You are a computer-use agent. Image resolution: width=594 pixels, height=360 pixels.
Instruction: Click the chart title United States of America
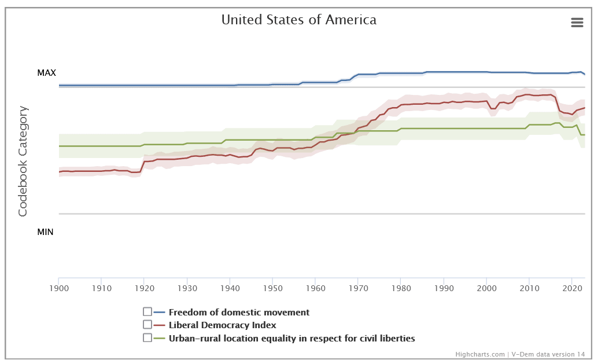click(x=298, y=20)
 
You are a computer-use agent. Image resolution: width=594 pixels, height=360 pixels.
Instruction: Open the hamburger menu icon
click(x=577, y=22)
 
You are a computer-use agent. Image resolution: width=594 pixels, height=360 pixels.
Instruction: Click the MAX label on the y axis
click(x=46, y=73)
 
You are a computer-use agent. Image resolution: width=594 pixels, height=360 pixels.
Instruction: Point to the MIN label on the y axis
click(x=45, y=232)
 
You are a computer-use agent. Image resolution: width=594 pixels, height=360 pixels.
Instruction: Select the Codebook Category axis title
click(x=23, y=161)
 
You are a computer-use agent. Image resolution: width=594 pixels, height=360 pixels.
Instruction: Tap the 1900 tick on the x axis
click(x=58, y=287)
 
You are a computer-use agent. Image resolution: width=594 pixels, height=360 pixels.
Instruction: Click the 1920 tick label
click(x=144, y=287)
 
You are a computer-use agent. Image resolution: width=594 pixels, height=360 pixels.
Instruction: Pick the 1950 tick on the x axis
click(x=272, y=287)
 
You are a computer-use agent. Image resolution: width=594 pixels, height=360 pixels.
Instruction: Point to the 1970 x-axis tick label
click(x=358, y=287)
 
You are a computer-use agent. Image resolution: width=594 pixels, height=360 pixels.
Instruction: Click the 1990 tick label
click(x=444, y=287)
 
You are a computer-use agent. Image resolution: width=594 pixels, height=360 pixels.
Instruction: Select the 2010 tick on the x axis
click(x=529, y=287)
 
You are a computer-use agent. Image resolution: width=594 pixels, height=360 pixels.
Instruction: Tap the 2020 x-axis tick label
click(x=572, y=287)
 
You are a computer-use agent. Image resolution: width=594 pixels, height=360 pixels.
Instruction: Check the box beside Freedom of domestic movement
click(x=147, y=312)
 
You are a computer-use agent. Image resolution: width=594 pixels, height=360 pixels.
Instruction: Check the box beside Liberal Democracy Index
click(x=147, y=325)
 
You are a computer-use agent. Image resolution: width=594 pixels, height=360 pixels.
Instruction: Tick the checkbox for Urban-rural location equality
click(x=147, y=337)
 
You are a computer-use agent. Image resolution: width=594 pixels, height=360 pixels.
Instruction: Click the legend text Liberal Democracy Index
click(x=222, y=325)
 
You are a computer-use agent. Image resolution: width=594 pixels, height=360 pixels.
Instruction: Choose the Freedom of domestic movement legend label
click(x=239, y=313)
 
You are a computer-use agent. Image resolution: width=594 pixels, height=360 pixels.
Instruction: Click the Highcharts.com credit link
click(x=479, y=354)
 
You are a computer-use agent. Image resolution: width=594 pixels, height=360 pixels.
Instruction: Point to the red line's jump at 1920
click(x=142, y=166)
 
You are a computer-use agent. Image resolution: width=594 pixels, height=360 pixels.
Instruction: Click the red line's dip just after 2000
click(x=493, y=108)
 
